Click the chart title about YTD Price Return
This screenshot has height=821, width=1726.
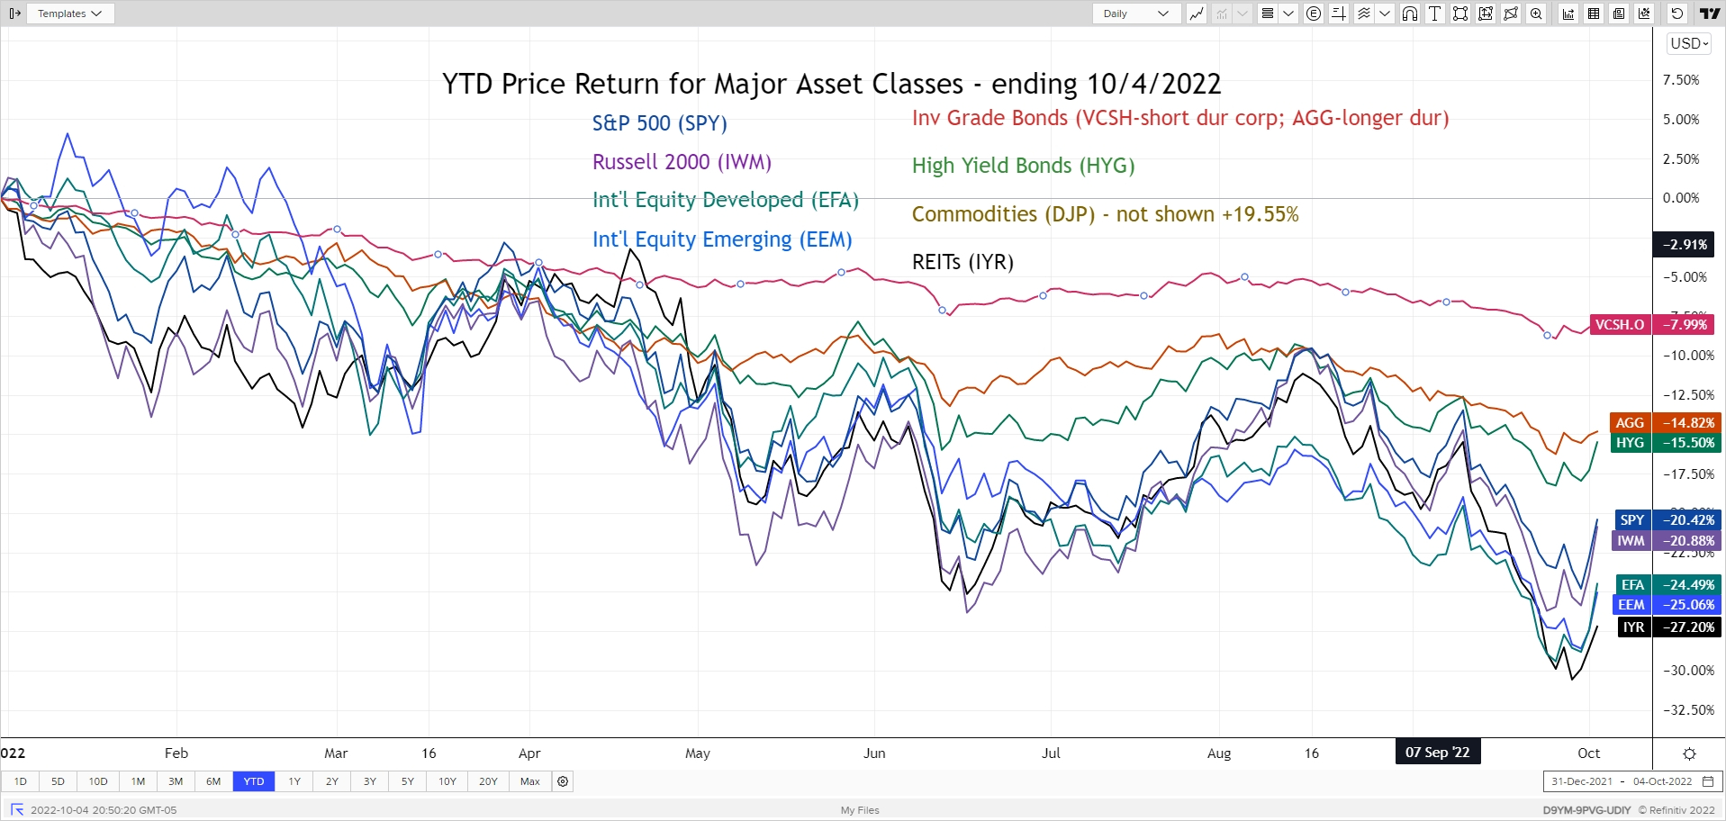click(x=831, y=84)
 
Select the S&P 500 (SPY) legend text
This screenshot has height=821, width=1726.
click(x=659, y=123)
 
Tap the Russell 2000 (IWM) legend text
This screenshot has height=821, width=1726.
click(x=682, y=162)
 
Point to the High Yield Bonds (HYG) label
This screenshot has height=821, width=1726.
click(x=1023, y=166)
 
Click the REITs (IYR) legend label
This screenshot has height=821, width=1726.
click(x=962, y=262)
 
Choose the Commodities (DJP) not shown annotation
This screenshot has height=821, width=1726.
click(x=1105, y=214)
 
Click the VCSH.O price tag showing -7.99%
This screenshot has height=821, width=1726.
click(x=1652, y=325)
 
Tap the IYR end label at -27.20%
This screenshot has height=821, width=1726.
click(x=1668, y=627)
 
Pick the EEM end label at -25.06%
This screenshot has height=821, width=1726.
click(x=1666, y=605)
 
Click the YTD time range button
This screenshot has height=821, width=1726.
click(x=254, y=781)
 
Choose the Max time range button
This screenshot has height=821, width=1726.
click(x=530, y=781)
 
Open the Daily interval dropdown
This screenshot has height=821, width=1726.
click(x=1135, y=14)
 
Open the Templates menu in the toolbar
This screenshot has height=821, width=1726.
click(x=69, y=14)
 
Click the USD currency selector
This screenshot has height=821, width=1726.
click(x=1688, y=43)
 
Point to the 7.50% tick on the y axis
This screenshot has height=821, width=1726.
click(x=1680, y=80)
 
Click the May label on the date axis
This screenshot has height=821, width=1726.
click(x=698, y=753)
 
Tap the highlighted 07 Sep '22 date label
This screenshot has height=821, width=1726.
click(x=1437, y=753)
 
